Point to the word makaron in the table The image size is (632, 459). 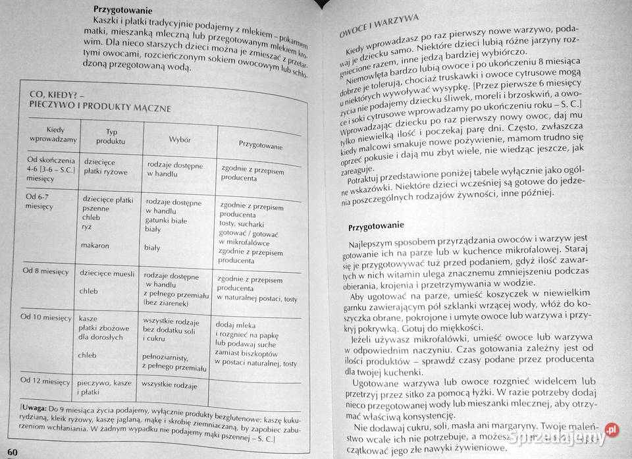96,245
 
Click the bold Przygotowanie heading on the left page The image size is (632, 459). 123,11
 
